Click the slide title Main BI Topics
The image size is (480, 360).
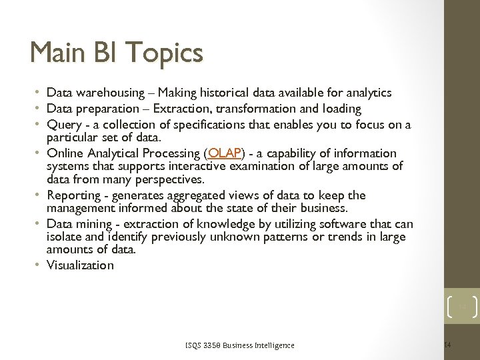117,53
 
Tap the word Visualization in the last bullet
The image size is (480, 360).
80,265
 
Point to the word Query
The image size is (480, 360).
62,125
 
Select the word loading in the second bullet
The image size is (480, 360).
341,108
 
